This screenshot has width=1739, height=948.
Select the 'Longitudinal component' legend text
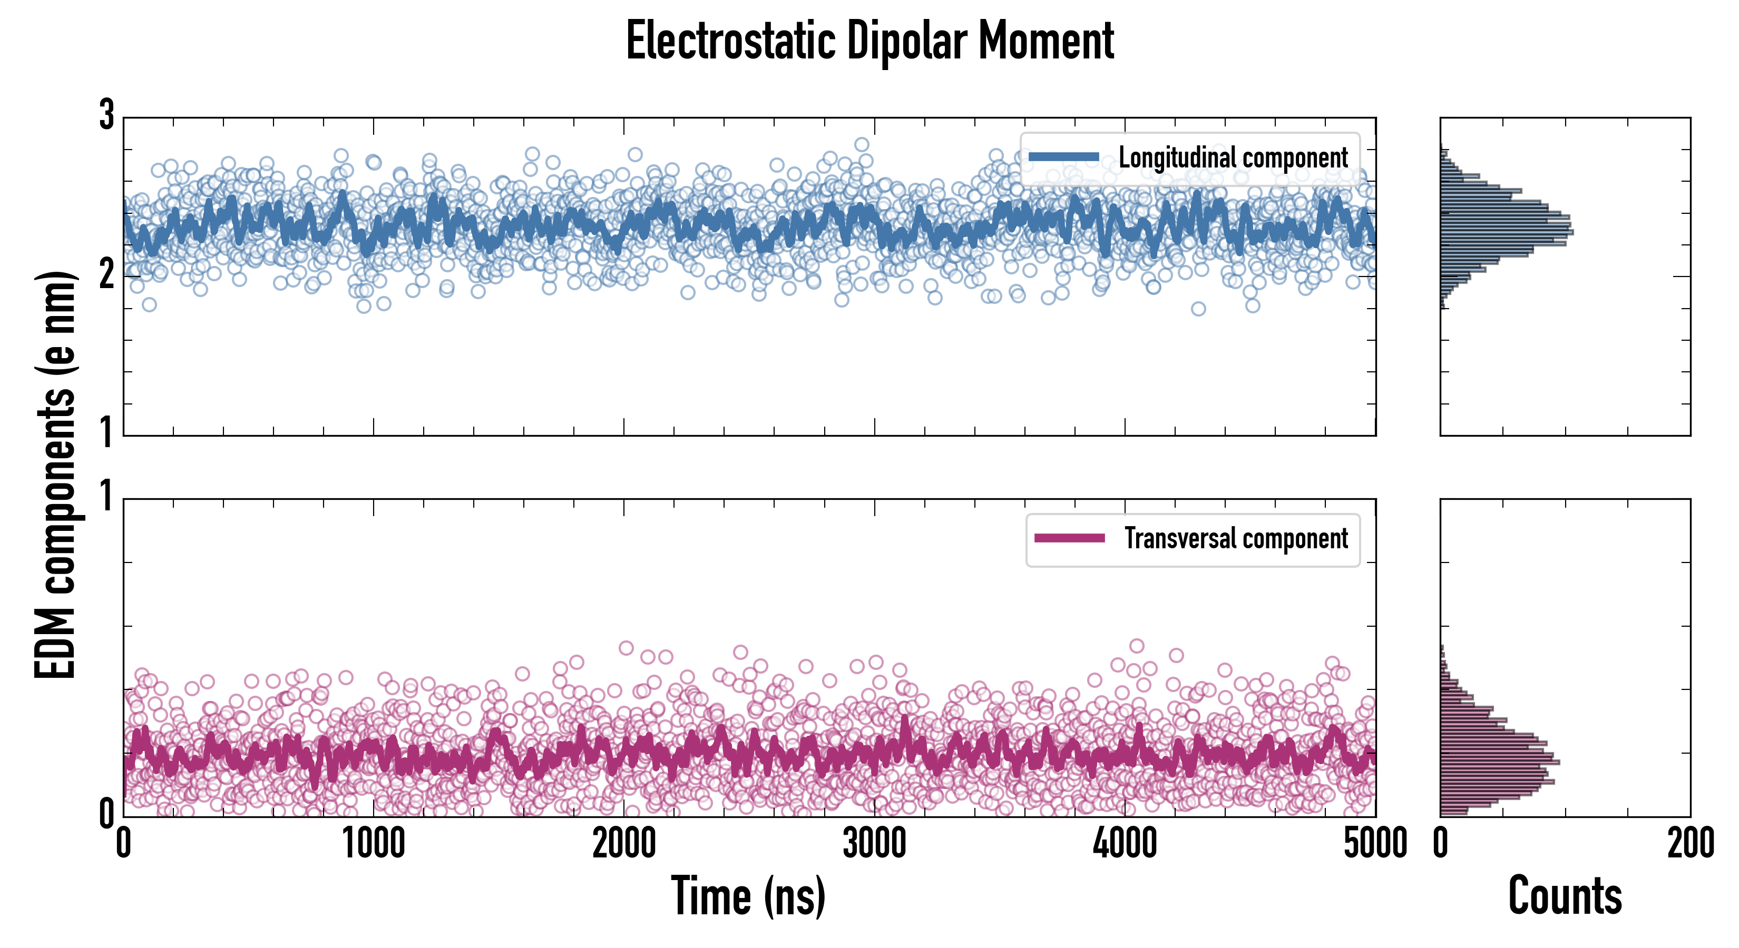coord(1233,158)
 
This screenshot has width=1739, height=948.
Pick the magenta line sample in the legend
coord(1069,538)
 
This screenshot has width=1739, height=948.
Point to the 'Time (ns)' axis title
coord(748,896)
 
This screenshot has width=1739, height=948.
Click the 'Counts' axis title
coord(1565,896)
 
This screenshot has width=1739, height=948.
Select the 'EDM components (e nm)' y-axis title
coord(55,475)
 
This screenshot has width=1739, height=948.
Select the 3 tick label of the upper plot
coord(106,115)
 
